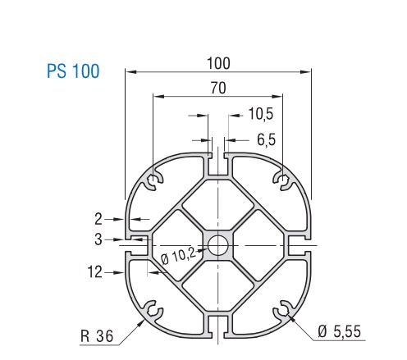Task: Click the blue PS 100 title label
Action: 73,71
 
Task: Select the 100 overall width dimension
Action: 219,63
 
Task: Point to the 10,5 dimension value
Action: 255,115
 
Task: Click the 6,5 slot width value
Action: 266,139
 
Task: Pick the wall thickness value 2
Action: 98,219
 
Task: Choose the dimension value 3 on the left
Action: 98,239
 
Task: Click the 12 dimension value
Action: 97,271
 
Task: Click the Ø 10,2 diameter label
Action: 179,255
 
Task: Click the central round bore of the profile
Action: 219,244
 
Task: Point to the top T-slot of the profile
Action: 219,162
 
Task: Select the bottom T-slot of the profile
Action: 219,326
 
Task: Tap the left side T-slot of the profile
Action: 137,244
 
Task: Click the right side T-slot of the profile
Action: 300,244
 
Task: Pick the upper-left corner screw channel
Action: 154,180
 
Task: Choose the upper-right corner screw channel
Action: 283,180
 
